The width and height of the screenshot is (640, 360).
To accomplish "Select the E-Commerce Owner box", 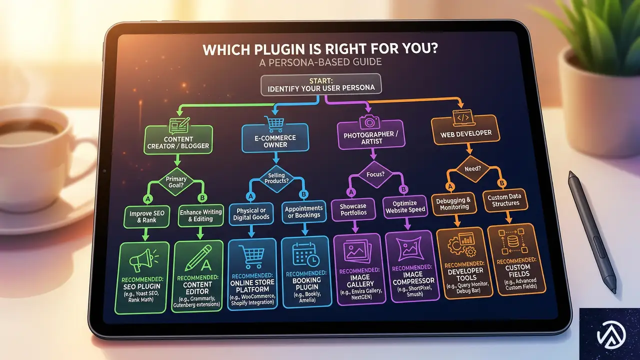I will pos(275,140).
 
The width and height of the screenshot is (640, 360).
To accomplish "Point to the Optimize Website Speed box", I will pos(404,206).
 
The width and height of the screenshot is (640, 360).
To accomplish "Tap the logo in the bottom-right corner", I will pos(609,334).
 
